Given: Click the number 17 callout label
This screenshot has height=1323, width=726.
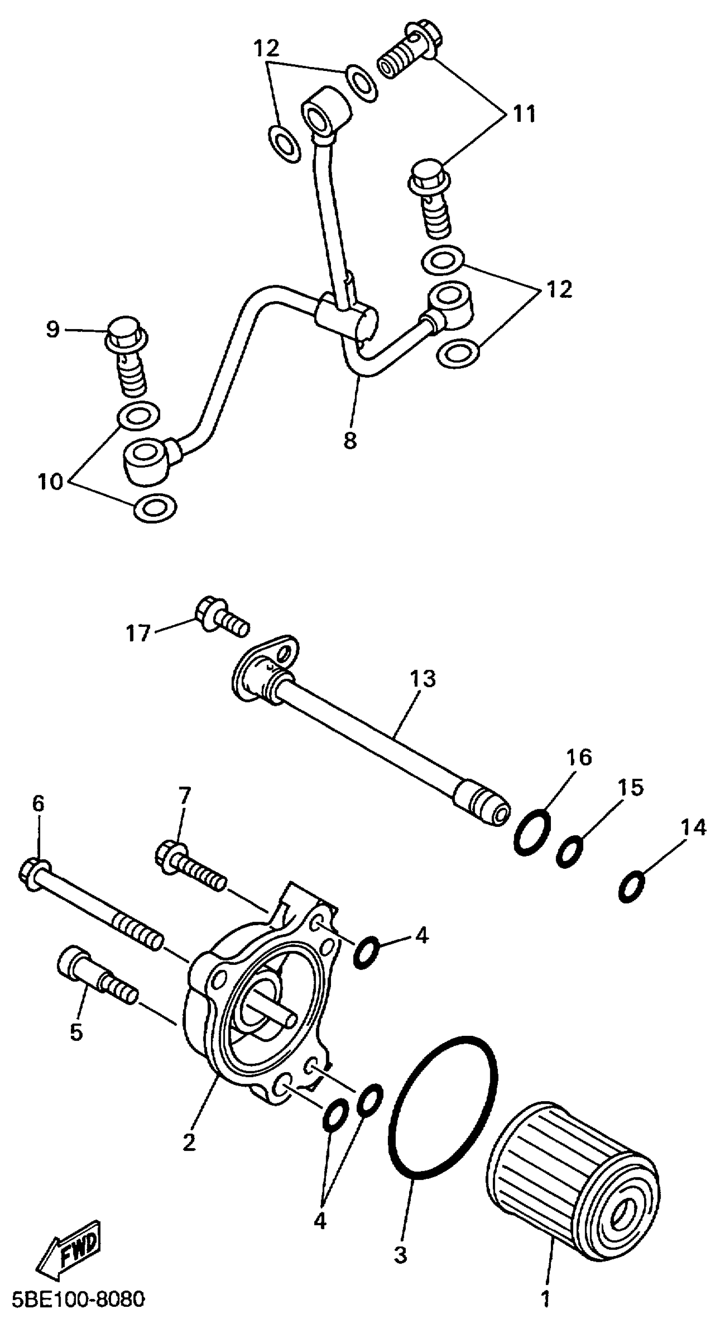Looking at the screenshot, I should tap(138, 633).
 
